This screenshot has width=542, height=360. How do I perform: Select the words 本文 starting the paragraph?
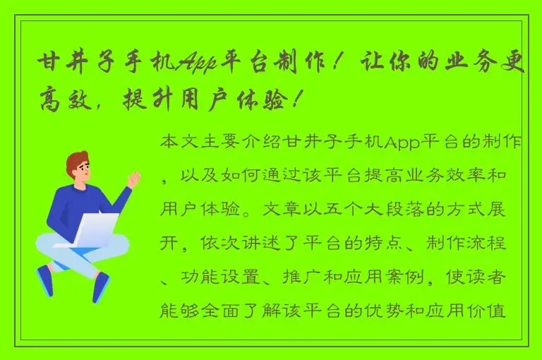point(179,143)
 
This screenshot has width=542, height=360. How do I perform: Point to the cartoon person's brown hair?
point(78,162)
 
